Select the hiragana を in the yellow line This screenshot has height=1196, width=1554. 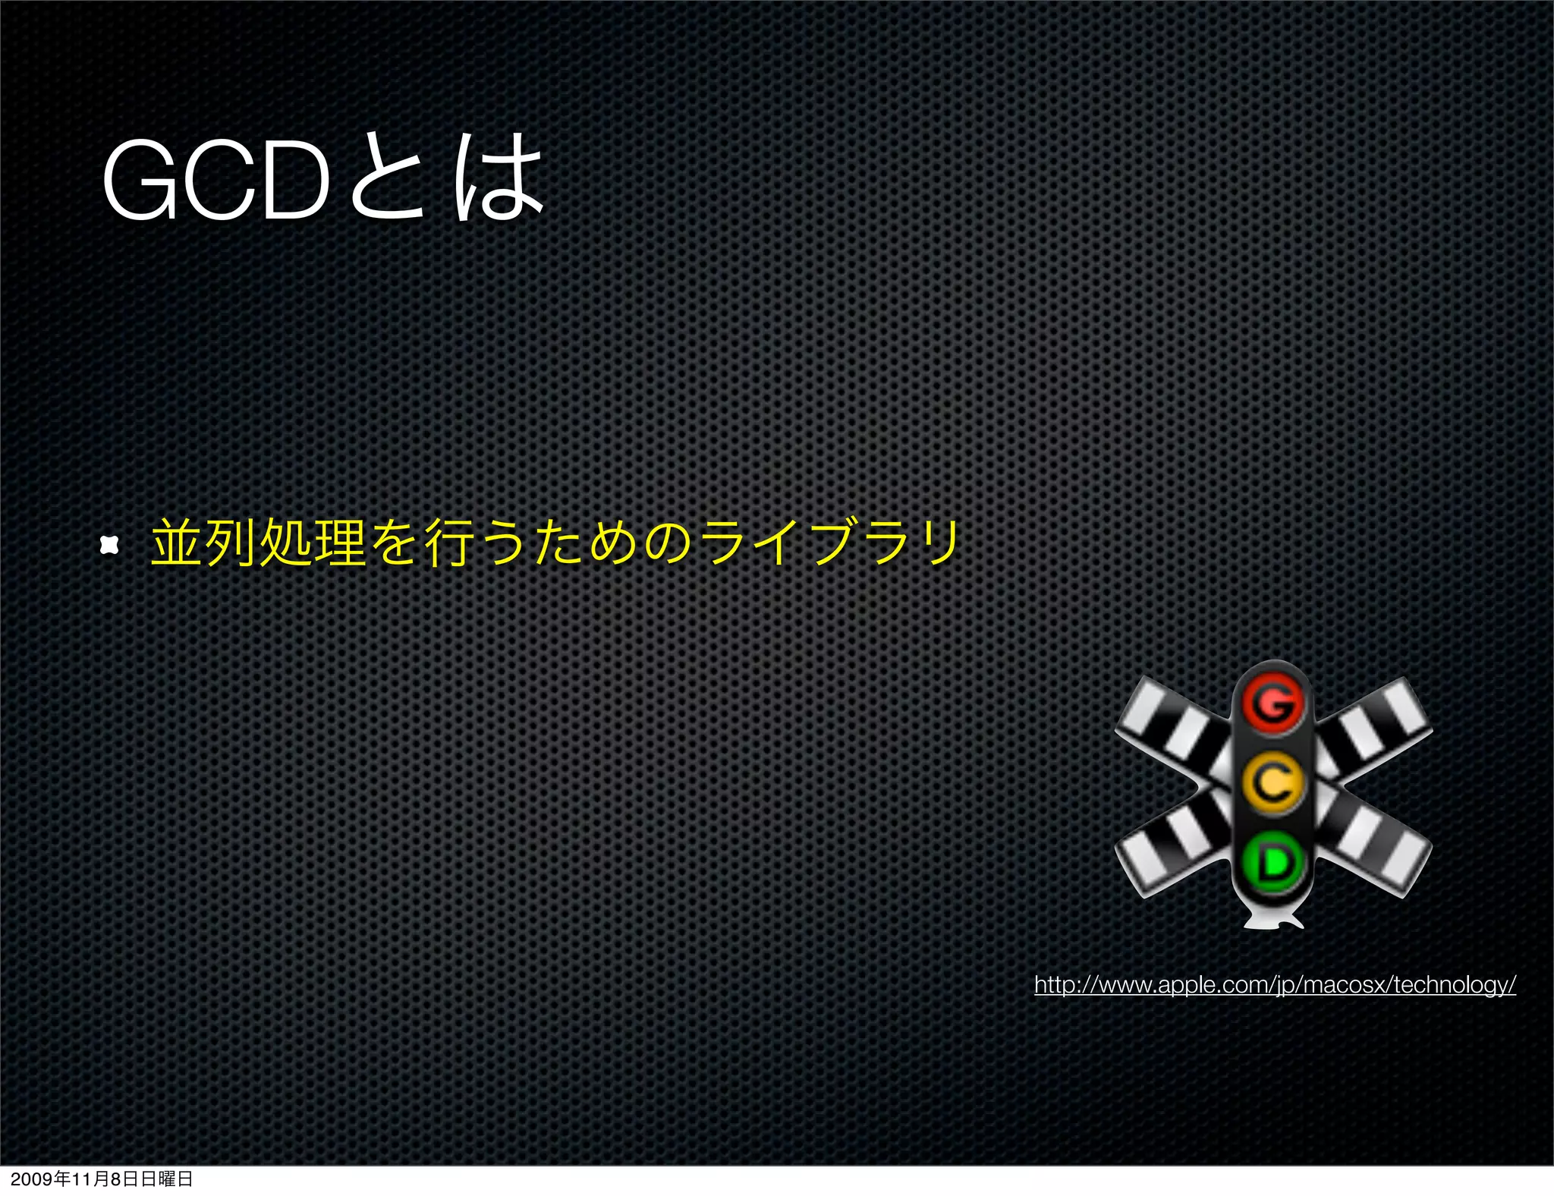[395, 543]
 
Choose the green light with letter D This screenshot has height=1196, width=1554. [1274, 861]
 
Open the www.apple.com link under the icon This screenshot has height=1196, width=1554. [1275, 985]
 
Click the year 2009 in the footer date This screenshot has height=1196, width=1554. [31, 1179]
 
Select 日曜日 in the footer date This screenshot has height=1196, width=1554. [166, 1179]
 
